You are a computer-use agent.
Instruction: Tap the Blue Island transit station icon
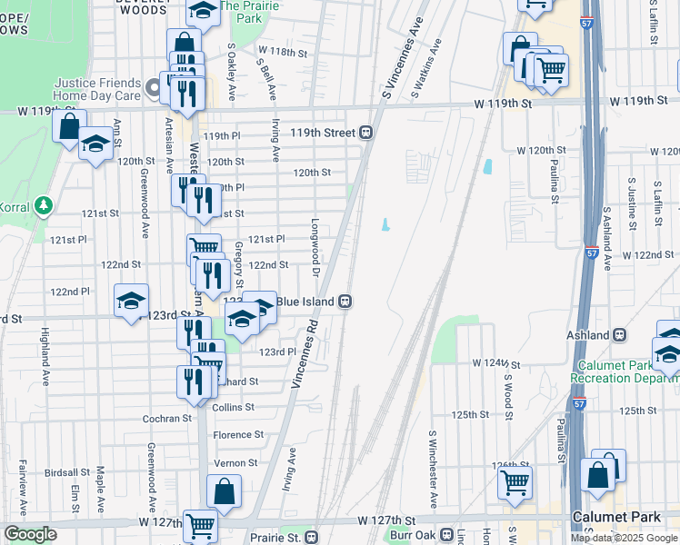[345, 302]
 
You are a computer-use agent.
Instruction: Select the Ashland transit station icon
[620, 335]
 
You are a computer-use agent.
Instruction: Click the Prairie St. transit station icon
[312, 538]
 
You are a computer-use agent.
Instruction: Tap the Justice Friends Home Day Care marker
[154, 89]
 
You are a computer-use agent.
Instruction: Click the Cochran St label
[166, 419]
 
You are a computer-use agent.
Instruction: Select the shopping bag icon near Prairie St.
[224, 491]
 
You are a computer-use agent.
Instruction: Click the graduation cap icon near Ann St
[95, 144]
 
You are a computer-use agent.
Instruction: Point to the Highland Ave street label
[44, 346]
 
